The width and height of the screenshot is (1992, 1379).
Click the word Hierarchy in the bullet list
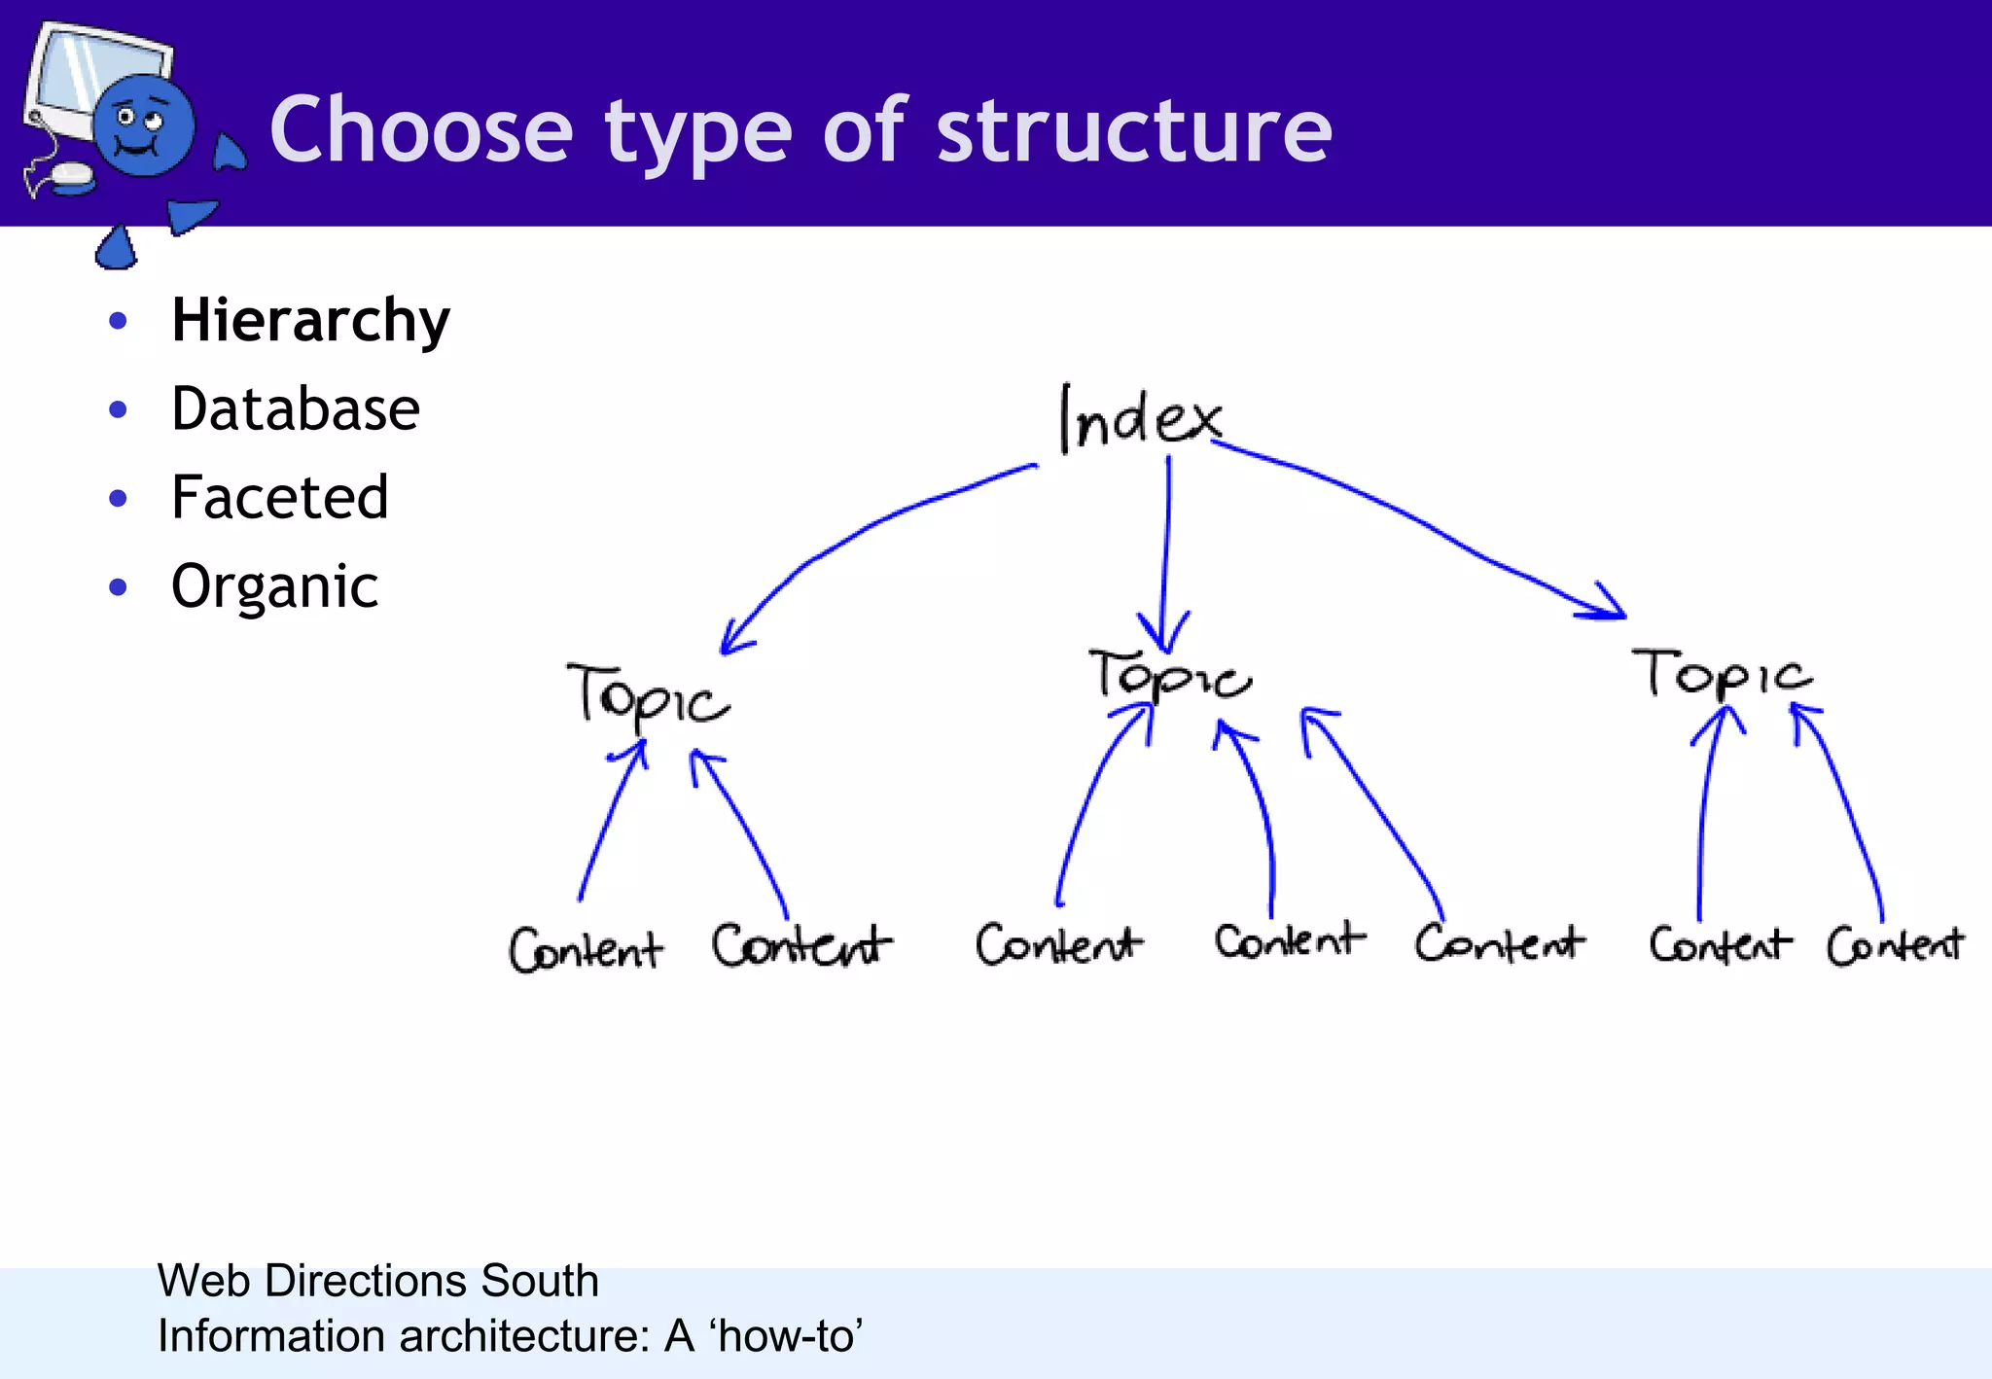click(310, 321)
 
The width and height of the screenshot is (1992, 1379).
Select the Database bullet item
click(296, 409)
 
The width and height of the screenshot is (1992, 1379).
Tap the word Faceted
click(280, 498)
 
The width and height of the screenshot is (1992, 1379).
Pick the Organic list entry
click(275, 586)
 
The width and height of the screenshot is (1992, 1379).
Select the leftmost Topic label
click(647, 694)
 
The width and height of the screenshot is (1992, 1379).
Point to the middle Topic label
click(1169, 675)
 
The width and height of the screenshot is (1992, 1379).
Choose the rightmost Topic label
click(1723, 673)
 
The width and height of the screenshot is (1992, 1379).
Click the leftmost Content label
click(586, 949)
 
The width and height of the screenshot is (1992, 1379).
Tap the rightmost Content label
click(1895, 945)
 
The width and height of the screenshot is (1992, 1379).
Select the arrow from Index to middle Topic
click(1166, 554)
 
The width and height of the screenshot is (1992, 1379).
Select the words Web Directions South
click(377, 1280)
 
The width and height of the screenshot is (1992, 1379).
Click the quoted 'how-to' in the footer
click(786, 1335)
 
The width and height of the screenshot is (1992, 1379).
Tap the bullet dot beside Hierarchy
click(119, 321)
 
